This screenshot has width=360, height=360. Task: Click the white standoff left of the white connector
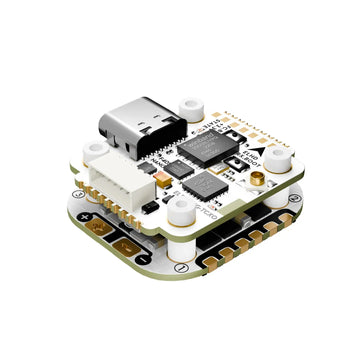pyautogui.click(x=96, y=153)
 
